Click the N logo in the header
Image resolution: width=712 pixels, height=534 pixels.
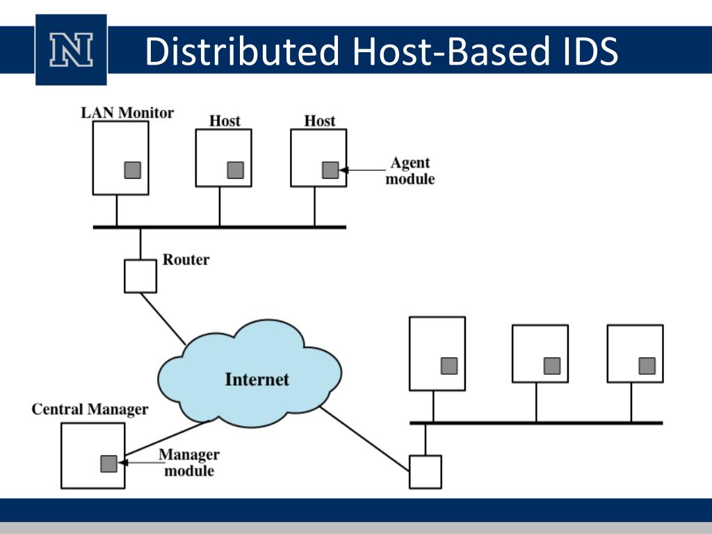click(x=72, y=50)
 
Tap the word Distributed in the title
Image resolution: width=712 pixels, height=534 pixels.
click(x=242, y=51)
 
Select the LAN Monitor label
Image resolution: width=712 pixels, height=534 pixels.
click(x=127, y=113)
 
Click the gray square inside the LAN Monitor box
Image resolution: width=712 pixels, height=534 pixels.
click(x=133, y=170)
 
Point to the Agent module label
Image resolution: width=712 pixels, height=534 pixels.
click(x=410, y=171)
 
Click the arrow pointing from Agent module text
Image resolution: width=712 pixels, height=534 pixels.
click(x=362, y=170)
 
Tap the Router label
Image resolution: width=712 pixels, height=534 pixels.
click(x=186, y=259)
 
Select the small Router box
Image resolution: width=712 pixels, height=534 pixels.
click(x=140, y=276)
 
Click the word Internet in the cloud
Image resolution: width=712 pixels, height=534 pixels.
click(x=257, y=379)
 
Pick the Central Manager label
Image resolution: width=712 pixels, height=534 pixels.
click(x=90, y=409)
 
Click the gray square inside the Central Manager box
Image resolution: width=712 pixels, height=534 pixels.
click(x=109, y=464)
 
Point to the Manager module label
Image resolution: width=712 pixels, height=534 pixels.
click(x=189, y=462)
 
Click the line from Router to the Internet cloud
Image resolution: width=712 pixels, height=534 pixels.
click(x=163, y=318)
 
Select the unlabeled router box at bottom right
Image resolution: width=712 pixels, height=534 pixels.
click(x=426, y=472)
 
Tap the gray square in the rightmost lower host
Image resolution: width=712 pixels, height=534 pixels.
click(x=647, y=366)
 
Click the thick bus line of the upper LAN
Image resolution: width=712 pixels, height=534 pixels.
click(x=220, y=227)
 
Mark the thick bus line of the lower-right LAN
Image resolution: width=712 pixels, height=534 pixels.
click(x=536, y=423)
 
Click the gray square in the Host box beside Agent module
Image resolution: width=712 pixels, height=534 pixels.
click(x=330, y=170)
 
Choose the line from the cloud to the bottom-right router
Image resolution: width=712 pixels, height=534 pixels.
click(x=364, y=439)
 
